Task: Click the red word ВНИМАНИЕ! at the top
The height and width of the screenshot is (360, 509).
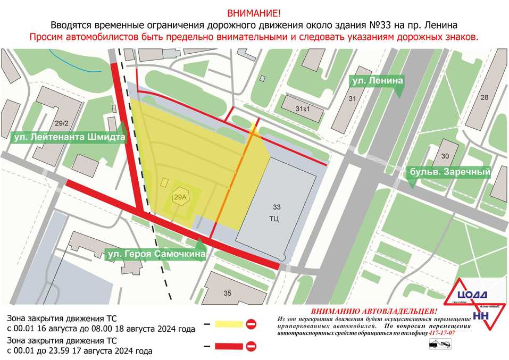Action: coord(254,13)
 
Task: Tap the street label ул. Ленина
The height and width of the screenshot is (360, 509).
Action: coord(376,81)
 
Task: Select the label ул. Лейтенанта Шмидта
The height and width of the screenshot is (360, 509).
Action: coord(68,137)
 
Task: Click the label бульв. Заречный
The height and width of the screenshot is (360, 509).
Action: coord(449,172)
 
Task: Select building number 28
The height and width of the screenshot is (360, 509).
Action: coord(484,97)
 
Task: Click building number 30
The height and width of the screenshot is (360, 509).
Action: coord(445,156)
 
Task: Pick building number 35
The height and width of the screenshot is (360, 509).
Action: coord(228,293)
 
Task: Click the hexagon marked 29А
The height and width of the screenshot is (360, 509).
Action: coord(181,197)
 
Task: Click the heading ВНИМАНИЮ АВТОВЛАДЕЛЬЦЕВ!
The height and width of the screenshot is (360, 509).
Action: coord(374,311)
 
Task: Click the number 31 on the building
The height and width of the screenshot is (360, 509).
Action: coord(352,99)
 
